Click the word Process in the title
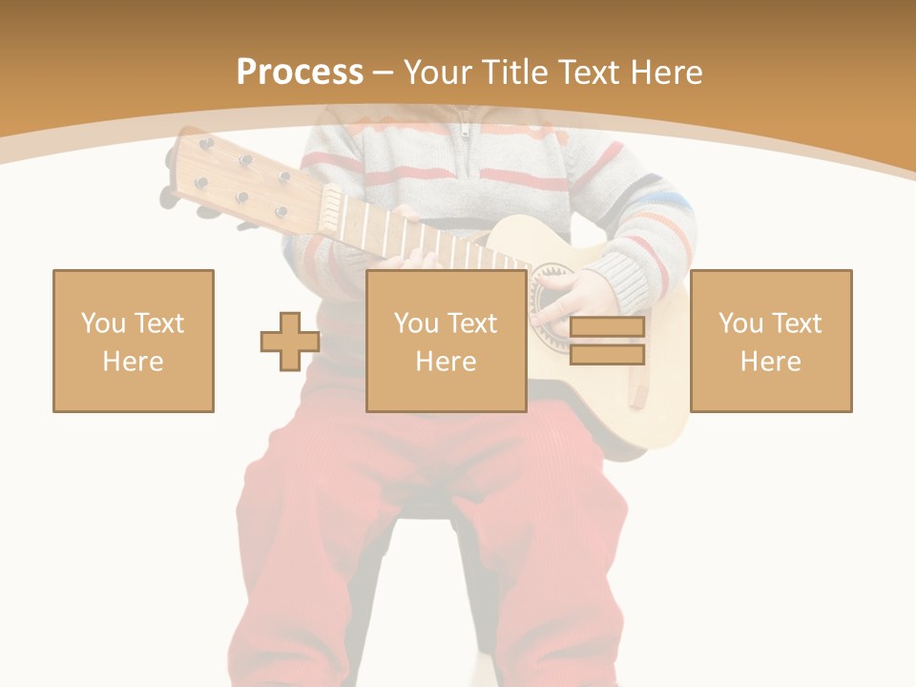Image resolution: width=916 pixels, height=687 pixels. (300, 73)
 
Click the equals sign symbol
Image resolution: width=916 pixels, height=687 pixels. (607, 341)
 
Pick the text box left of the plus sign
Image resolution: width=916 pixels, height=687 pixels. (134, 341)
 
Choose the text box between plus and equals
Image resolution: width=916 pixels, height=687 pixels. (447, 341)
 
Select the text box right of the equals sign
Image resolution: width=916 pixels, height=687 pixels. (771, 341)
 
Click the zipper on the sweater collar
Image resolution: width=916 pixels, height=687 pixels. (465, 128)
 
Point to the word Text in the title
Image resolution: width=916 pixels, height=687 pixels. (593, 73)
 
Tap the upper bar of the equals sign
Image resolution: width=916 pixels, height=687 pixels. (607, 327)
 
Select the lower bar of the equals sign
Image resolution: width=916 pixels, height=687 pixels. (607, 355)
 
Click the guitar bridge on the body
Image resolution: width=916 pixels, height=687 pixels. (637, 386)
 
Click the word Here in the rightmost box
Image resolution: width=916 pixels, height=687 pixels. (771, 362)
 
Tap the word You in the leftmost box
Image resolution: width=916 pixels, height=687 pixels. (102, 323)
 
